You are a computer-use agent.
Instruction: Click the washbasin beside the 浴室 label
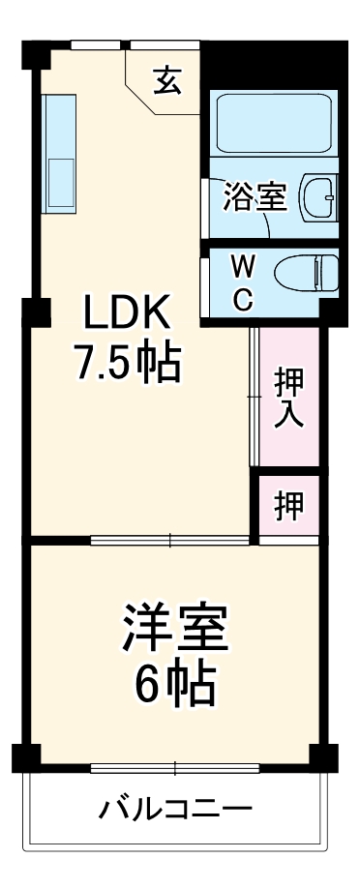318,196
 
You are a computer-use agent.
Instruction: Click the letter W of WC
243,263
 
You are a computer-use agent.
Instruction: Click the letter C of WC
243,299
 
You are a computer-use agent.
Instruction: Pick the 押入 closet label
287,396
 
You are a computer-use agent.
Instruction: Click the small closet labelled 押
287,504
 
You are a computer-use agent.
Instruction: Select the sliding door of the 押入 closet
253,397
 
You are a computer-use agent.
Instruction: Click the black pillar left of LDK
35,312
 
